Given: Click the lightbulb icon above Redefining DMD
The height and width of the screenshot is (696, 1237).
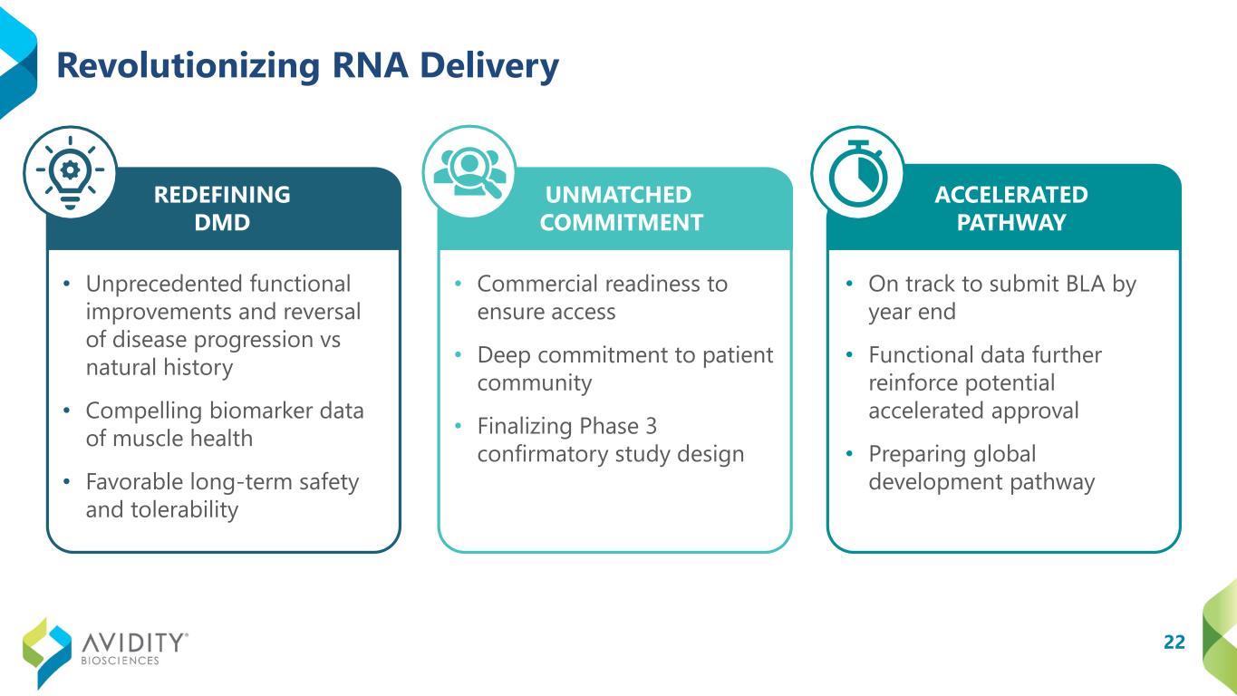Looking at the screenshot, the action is pyautogui.click(x=70, y=172).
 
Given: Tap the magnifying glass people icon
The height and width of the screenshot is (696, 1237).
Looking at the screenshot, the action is pyautogui.click(x=470, y=172).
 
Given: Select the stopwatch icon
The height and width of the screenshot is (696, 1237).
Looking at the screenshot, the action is pyautogui.click(x=858, y=173).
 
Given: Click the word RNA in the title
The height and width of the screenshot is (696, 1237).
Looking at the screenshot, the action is pyautogui.click(x=370, y=65).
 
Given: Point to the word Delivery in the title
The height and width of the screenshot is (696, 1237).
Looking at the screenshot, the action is pyautogui.click(x=489, y=67).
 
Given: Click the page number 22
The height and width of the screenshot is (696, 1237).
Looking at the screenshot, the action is pyautogui.click(x=1174, y=642).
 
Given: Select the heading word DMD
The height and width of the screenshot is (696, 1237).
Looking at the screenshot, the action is pyautogui.click(x=222, y=223).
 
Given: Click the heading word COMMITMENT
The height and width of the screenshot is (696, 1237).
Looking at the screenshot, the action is pyautogui.click(x=622, y=223).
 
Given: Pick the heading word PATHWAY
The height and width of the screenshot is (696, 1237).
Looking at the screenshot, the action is pyautogui.click(x=1011, y=223).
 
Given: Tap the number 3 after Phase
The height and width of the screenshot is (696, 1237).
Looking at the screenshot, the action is pyautogui.click(x=651, y=426).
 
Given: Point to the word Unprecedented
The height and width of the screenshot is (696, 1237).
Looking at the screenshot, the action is pyautogui.click(x=164, y=285).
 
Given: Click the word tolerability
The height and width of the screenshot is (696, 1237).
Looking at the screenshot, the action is pyautogui.click(x=185, y=510).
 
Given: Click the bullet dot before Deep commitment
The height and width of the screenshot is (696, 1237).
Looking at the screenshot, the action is pyautogui.click(x=458, y=354).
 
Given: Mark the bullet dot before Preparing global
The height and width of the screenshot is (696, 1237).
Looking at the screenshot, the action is pyautogui.click(x=849, y=453).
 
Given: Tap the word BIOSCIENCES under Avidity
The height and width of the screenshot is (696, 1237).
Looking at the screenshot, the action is pyautogui.click(x=120, y=661).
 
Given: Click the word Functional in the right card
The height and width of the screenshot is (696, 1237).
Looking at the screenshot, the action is pyautogui.click(x=918, y=354).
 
